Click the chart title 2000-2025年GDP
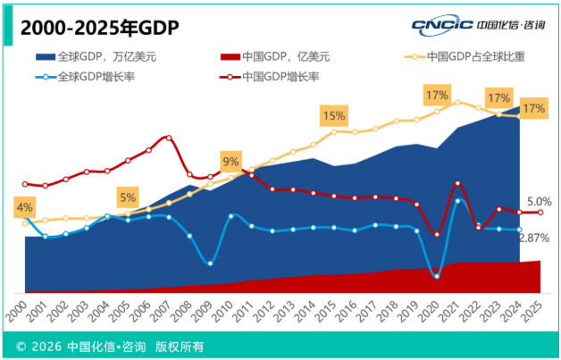coord(100,29)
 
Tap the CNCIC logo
coord(479,25)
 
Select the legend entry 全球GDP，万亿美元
coord(96,56)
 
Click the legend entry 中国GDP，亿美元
coord(275,56)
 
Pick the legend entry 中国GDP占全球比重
coord(465,56)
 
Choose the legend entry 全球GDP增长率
coord(85,77)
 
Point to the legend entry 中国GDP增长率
coord(270,77)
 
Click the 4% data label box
coord(24,207)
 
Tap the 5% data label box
coord(128,197)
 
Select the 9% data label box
coord(230,162)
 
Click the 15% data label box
coord(334,115)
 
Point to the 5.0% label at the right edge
coord(540,202)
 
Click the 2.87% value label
coord(534,238)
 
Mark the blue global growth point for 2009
coord(210,264)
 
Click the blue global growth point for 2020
coord(437,276)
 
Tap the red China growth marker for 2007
coord(169,138)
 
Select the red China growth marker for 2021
coord(457,183)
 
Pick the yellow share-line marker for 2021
coord(457,103)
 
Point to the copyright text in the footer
coord(110,347)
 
